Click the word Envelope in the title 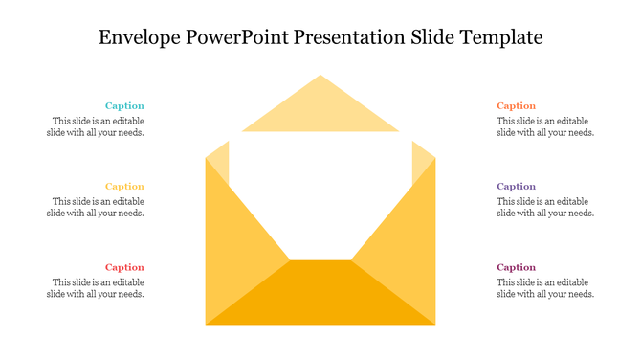tap(143, 38)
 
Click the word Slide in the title tap(434, 38)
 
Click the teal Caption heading tap(124, 106)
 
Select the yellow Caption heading tap(124, 187)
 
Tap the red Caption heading tap(124, 267)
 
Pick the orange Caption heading tap(516, 106)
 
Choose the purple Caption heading tap(516, 187)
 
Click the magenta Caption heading tap(516, 267)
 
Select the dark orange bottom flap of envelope tap(320, 297)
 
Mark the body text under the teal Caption tap(96, 127)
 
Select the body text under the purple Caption tap(545, 208)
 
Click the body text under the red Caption tap(96, 288)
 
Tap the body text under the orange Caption tap(545, 127)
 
